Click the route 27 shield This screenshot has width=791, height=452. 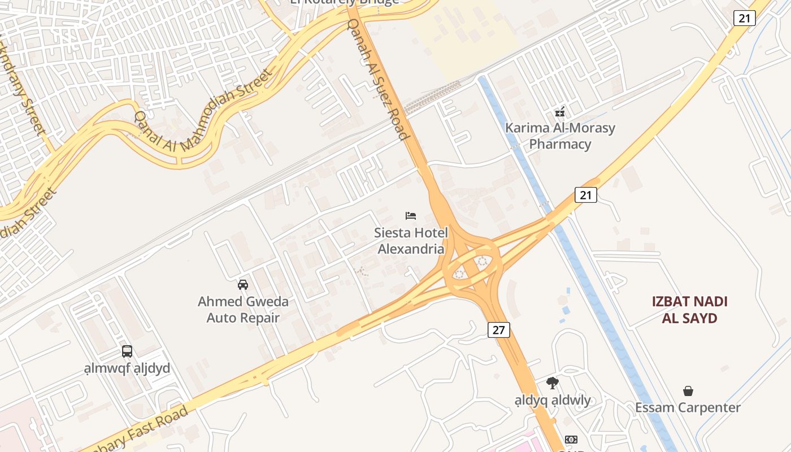[x=498, y=330]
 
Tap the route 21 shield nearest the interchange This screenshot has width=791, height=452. [x=586, y=195]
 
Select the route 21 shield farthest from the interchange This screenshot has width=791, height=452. [x=744, y=18]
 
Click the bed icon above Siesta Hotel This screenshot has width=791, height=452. [x=411, y=216]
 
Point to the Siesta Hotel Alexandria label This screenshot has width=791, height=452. [x=411, y=241]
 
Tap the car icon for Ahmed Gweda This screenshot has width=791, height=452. [x=243, y=284]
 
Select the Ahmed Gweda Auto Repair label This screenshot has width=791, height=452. [x=243, y=310]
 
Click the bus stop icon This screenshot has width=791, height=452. [x=127, y=351]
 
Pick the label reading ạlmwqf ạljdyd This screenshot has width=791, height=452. [x=127, y=369]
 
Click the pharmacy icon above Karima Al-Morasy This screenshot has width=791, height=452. [x=560, y=112]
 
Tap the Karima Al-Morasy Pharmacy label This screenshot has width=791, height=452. [x=560, y=136]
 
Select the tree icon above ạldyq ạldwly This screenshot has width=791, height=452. [x=553, y=383]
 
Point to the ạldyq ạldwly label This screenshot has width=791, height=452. [x=553, y=401]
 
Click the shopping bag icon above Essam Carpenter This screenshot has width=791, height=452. [x=688, y=390]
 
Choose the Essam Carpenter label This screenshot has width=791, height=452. [x=688, y=408]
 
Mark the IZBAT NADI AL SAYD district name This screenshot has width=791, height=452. [x=689, y=310]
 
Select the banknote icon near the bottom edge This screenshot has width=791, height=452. [x=571, y=440]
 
